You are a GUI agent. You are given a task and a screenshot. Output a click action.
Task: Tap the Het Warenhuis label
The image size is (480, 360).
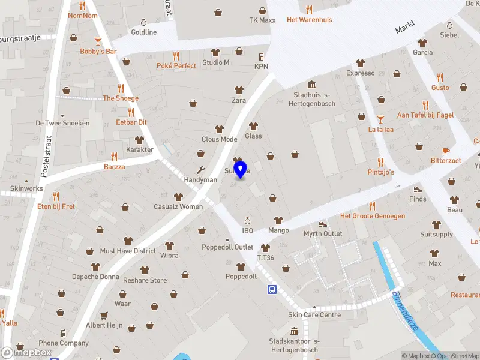pyautogui.click(x=309, y=20)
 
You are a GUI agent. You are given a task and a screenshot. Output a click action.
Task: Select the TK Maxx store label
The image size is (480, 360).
pyautogui.click(x=262, y=20)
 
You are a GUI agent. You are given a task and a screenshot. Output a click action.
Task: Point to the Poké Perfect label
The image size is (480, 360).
pyautogui.click(x=176, y=65)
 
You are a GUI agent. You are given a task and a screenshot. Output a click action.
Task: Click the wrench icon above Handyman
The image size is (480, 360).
pyautogui.click(x=200, y=170)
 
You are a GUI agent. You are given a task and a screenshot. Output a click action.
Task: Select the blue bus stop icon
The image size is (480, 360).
pyautogui.click(x=272, y=290)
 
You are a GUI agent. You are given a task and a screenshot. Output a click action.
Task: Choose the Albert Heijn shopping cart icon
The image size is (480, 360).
pyautogui.click(x=104, y=315)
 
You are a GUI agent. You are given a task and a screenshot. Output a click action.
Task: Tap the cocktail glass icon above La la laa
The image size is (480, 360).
pyautogui.click(x=380, y=119)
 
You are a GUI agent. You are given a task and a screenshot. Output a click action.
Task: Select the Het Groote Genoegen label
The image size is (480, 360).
pyautogui.click(x=373, y=216)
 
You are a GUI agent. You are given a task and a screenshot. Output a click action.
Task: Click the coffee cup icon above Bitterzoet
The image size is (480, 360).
pyautogui.click(x=445, y=151)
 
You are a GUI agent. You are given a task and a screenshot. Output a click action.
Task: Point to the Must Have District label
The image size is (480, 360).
pyautogui.click(x=128, y=251)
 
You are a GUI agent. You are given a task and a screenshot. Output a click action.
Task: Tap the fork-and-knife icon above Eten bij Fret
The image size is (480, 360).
pyautogui.click(x=56, y=196)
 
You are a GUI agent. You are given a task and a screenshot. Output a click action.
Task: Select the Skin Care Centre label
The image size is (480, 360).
pyautogui.click(x=314, y=315)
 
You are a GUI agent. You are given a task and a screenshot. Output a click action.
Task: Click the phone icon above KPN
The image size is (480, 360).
pyautogui.click(x=261, y=56)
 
